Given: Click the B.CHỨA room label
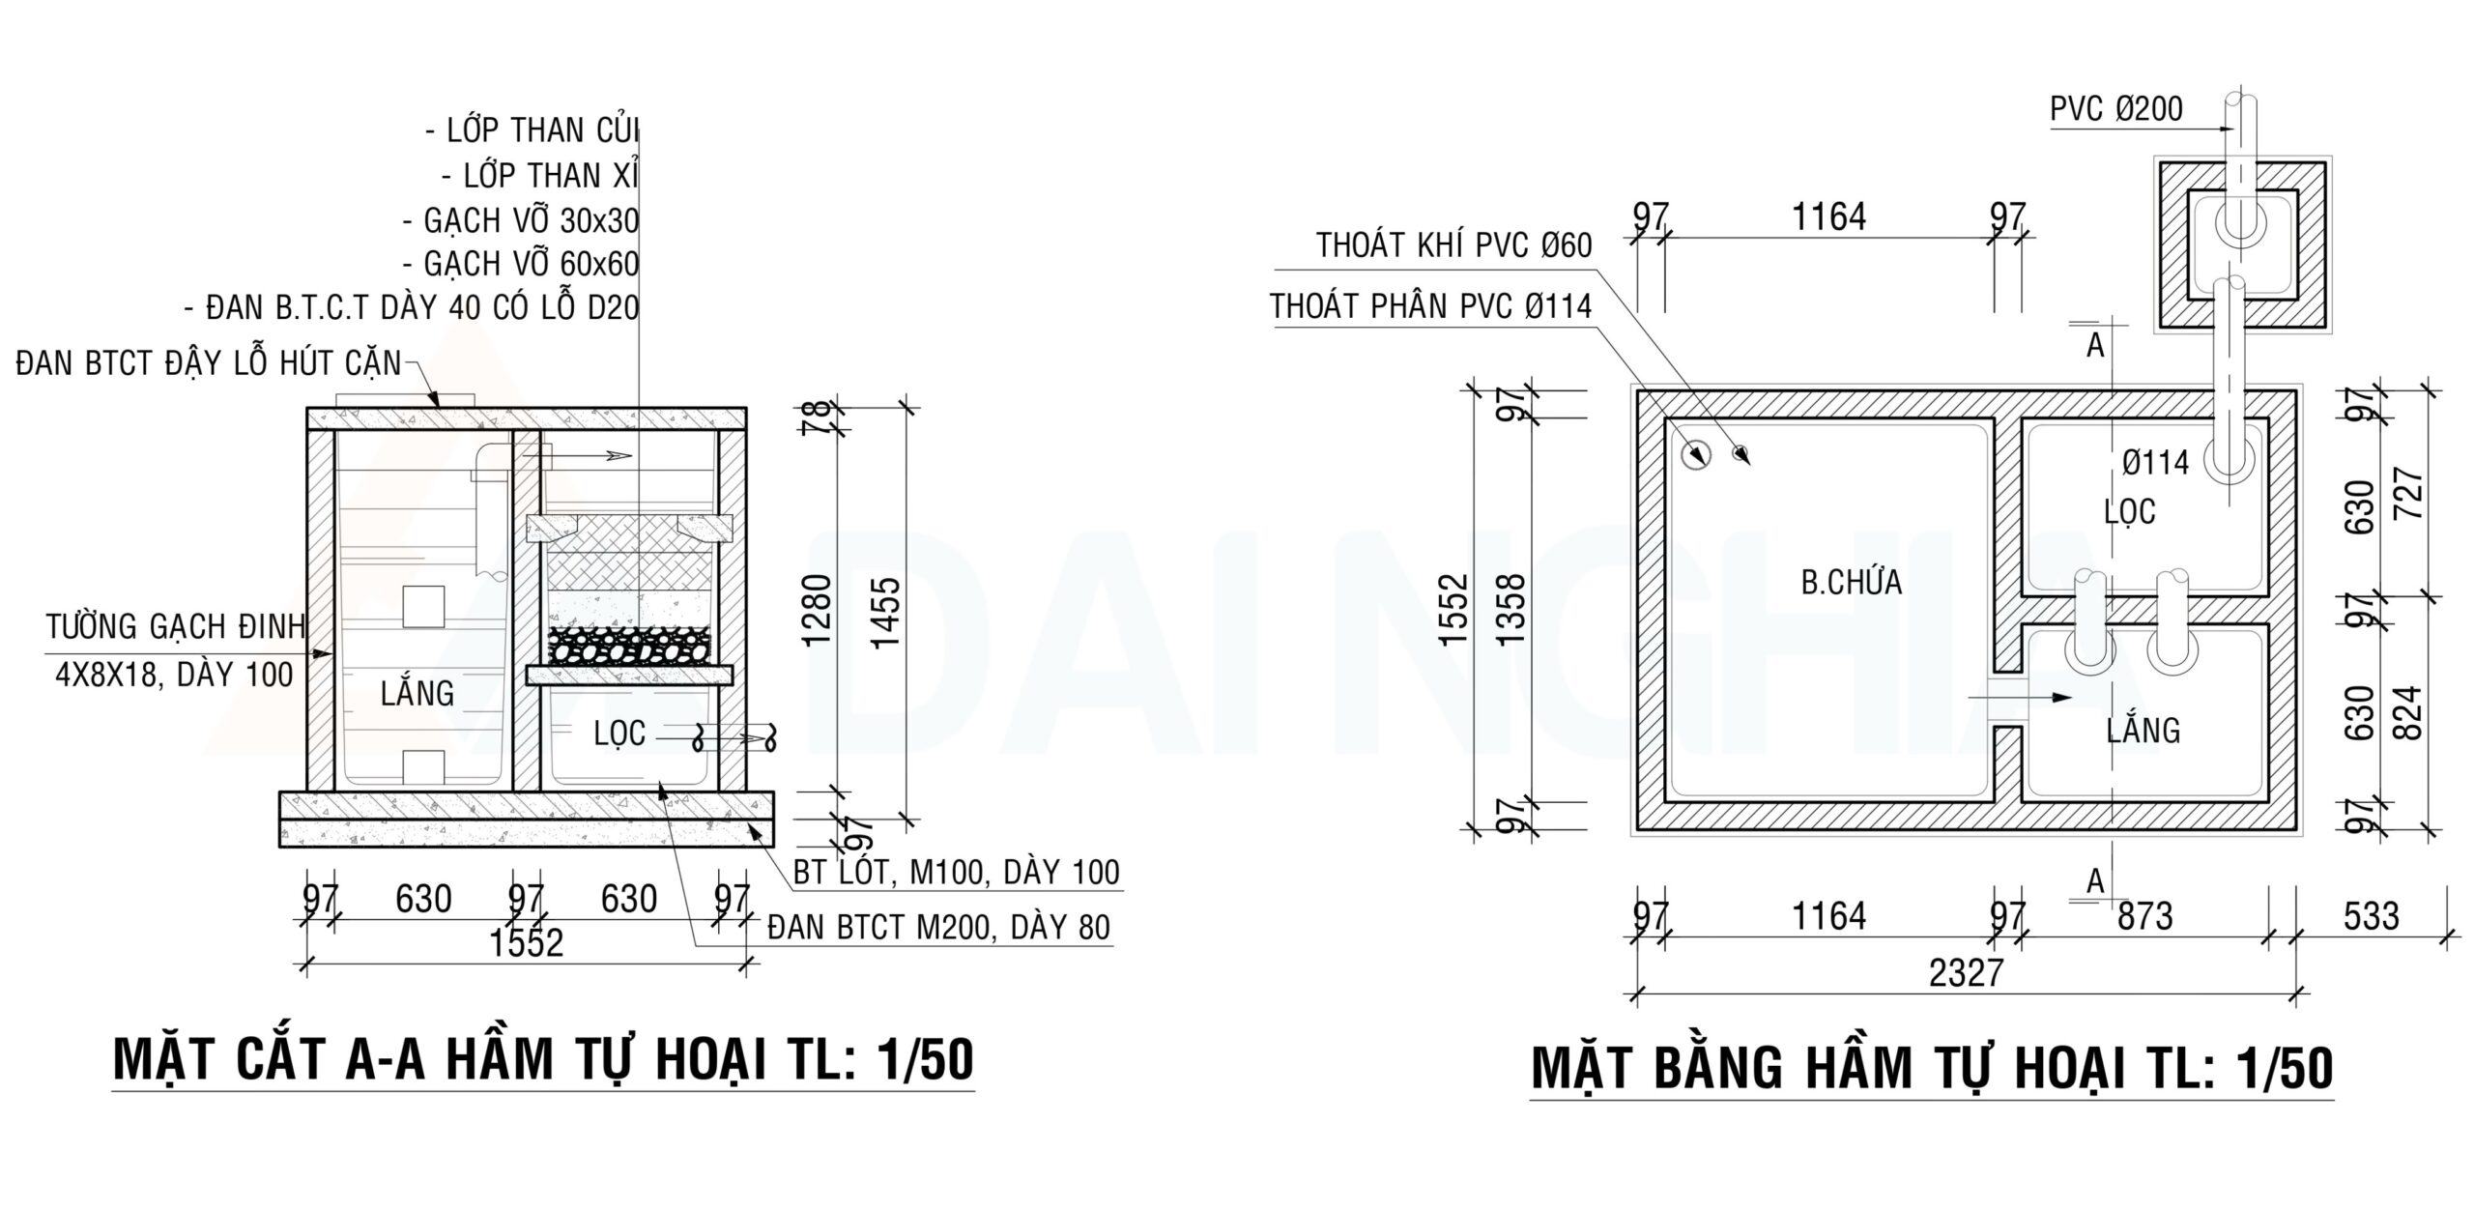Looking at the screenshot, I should click(x=1851, y=583).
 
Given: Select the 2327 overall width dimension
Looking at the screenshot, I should click(x=1966, y=972).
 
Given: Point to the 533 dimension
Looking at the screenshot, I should click(x=2371, y=915).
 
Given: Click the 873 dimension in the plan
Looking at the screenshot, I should click(x=2144, y=915).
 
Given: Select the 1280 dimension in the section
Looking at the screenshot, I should click(x=818, y=611).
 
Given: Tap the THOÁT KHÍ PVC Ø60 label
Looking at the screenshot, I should click(x=1453, y=245).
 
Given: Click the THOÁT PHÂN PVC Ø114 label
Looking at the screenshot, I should click(x=1430, y=306).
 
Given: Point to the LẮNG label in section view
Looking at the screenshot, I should click(x=417, y=693).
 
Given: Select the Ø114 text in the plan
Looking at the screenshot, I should click(x=2155, y=464).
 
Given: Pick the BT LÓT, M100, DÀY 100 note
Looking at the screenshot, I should click(x=956, y=873).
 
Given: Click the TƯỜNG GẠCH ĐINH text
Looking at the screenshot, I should click(x=176, y=627).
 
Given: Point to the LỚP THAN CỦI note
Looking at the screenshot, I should click(x=532, y=130).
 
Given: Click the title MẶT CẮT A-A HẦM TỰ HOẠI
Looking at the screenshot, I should click(x=542, y=1059).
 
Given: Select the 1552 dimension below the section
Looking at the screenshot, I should click(x=526, y=942).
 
